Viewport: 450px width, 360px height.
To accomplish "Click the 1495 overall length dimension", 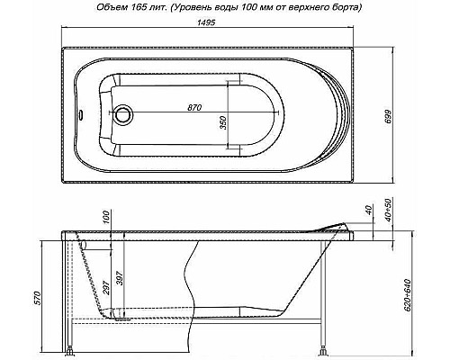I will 223,28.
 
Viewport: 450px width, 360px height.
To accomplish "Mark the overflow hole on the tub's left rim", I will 85,115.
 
